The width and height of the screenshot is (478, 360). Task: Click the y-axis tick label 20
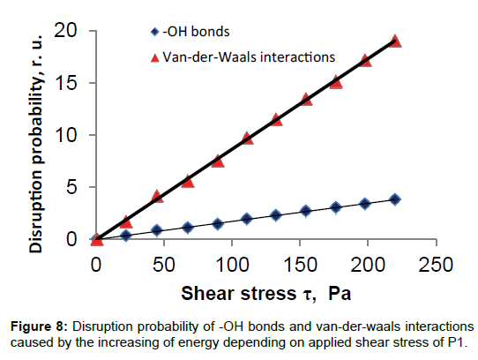(65, 31)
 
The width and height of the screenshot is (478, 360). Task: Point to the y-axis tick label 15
(65, 83)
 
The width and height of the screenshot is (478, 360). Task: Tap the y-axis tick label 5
(71, 187)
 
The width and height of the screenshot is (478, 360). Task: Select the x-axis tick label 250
(436, 265)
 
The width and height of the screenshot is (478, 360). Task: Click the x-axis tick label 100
(232, 265)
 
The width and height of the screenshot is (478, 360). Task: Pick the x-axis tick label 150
(300, 265)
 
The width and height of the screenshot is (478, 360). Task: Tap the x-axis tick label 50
(164, 265)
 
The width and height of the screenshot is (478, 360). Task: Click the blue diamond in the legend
(155, 32)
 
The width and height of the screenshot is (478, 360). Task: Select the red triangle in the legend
(155, 57)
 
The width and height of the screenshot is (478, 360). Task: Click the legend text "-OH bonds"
(196, 32)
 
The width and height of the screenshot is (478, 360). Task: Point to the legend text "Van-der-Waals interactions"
(249, 57)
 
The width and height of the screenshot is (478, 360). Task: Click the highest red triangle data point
(395, 41)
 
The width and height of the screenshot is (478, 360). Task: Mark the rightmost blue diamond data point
(395, 199)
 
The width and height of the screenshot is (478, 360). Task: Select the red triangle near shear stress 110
(247, 139)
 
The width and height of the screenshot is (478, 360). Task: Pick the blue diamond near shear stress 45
(157, 230)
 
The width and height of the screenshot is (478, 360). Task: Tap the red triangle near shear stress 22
(126, 221)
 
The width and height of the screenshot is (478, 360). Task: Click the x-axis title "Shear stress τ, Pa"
(265, 294)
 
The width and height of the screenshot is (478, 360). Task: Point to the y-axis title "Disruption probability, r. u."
(36, 144)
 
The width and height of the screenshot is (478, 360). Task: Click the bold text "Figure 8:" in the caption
(39, 326)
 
